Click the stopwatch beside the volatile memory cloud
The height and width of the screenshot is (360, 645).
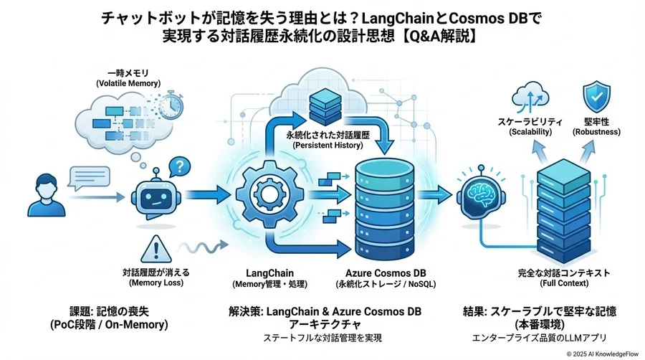coord(171,107)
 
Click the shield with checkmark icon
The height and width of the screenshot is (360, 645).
coord(596,97)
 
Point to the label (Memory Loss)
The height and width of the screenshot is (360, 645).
coord(156,283)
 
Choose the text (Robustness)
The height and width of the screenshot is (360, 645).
coord(596,133)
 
